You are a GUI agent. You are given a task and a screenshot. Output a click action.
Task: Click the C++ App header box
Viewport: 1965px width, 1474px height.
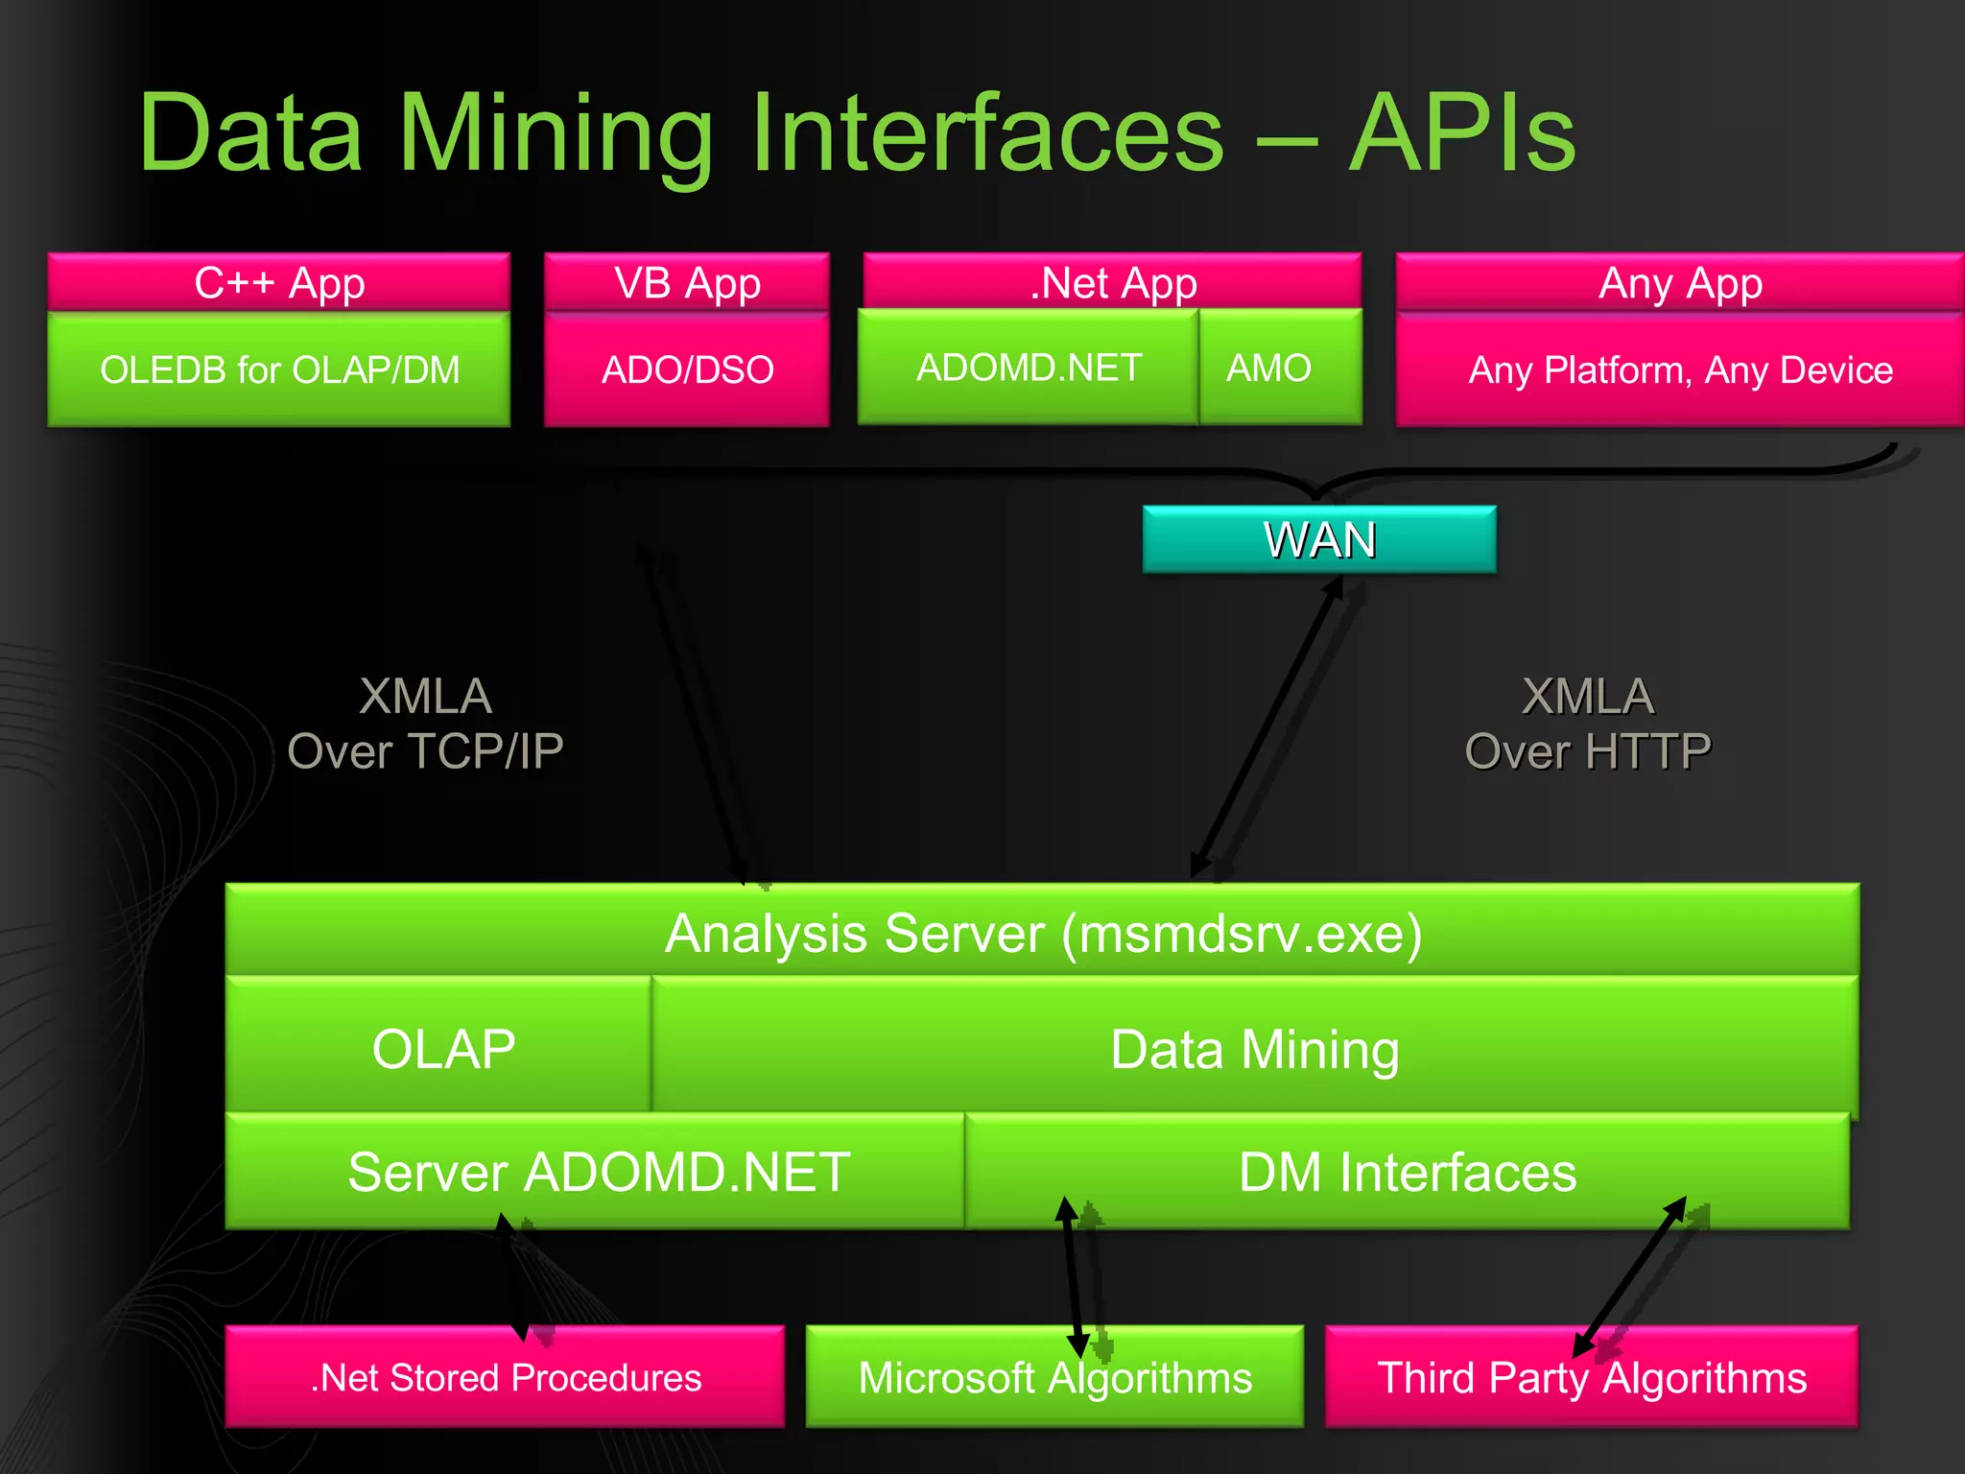(278, 282)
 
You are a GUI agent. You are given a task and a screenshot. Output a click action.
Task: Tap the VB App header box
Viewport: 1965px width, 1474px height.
(687, 282)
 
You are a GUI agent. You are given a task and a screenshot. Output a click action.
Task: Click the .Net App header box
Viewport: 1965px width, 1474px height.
(1113, 282)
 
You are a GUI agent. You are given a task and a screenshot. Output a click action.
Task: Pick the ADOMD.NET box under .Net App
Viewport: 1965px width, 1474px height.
(1029, 368)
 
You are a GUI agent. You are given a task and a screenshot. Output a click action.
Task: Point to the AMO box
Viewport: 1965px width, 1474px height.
(1268, 368)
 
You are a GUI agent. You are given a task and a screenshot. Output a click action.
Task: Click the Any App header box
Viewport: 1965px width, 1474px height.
(1680, 282)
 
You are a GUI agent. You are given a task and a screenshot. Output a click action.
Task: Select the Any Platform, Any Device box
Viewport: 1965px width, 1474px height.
(1680, 370)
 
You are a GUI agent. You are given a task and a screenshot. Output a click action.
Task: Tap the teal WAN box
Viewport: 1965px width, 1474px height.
(1319, 539)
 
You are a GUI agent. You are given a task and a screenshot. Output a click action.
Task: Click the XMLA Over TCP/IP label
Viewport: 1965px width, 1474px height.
(425, 724)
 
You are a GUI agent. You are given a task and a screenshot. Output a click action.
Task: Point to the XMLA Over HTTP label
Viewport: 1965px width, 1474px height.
(1588, 724)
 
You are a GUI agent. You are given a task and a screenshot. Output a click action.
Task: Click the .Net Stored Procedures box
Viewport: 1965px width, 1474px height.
(506, 1378)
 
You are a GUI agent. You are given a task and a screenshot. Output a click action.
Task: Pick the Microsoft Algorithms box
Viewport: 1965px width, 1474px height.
(1054, 1378)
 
